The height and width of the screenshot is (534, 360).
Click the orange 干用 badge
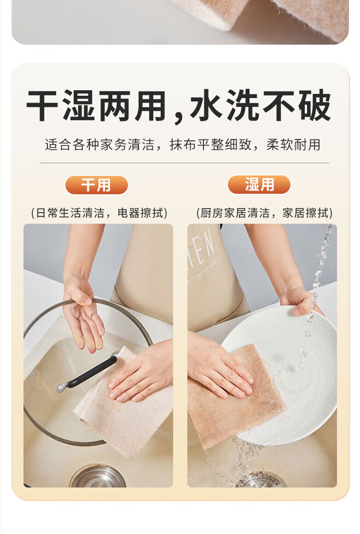(x=96, y=185)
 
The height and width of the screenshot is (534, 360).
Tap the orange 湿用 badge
(x=259, y=185)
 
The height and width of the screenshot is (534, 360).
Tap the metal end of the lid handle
(x=61, y=387)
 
